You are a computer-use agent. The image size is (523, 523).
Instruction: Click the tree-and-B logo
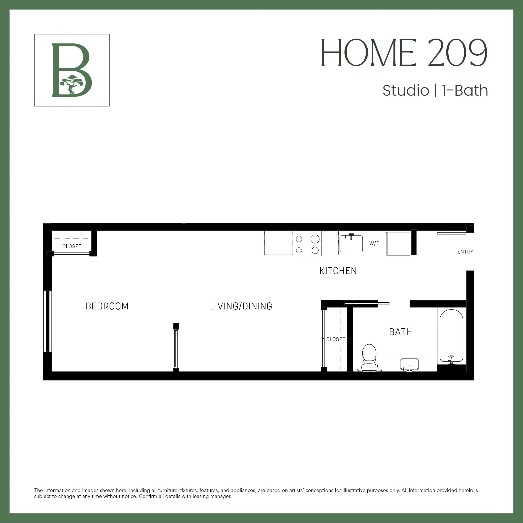[72, 70]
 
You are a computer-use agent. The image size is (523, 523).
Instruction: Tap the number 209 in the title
[457, 53]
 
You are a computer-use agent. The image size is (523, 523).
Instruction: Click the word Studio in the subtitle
[405, 91]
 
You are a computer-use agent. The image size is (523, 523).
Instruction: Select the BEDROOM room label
[107, 306]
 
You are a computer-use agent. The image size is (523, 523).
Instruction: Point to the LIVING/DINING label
[241, 306]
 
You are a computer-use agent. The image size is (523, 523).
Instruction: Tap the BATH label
[400, 332]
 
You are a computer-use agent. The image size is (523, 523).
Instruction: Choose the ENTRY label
[465, 252]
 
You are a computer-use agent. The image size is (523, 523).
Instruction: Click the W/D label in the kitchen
[374, 244]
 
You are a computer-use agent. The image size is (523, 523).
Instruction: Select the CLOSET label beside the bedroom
[72, 246]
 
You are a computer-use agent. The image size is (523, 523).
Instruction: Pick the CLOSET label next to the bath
[336, 339]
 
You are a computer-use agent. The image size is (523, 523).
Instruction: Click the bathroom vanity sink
[409, 364]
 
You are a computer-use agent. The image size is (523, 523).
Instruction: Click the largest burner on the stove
[315, 239]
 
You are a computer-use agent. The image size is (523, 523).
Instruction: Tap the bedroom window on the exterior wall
[48, 321]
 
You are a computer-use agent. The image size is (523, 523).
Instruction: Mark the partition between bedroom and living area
[176, 348]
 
